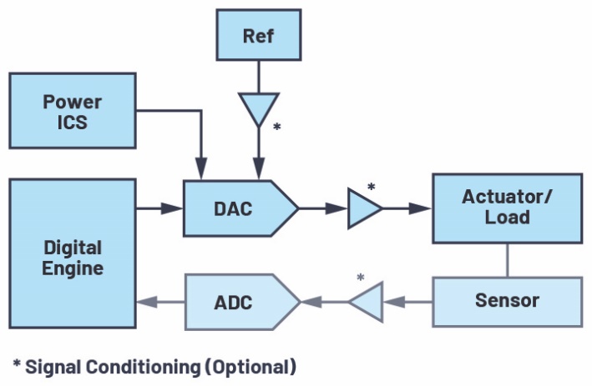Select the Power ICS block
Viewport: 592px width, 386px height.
pyautogui.click(x=73, y=111)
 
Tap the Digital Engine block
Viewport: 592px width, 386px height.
pyautogui.click(x=73, y=254)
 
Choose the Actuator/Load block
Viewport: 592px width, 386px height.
pyautogui.click(x=507, y=207)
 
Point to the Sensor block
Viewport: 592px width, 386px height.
pyautogui.click(x=507, y=300)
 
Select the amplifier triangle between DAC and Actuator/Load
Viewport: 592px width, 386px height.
pyautogui.click(x=363, y=208)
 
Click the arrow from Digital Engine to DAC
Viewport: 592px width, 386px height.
pyautogui.click(x=159, y=208)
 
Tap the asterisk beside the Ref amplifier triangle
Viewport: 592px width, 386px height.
pyautogui.click(x=276, y=128)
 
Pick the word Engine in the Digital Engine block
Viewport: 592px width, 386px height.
pyautogui.click(x=73, y=268)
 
